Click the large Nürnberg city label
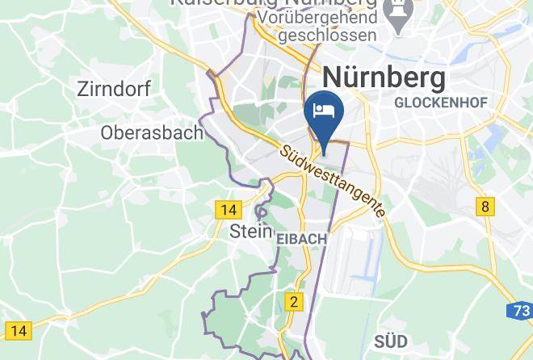384,78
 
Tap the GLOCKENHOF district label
438,103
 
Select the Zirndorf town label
114,89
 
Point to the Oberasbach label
152,132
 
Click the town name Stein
250,231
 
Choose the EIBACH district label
301,239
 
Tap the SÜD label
391,340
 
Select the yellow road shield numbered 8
485,206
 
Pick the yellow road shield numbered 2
295,302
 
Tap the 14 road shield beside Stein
229,210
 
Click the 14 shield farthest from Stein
19,330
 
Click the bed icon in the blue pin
324,111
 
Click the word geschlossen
327,35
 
